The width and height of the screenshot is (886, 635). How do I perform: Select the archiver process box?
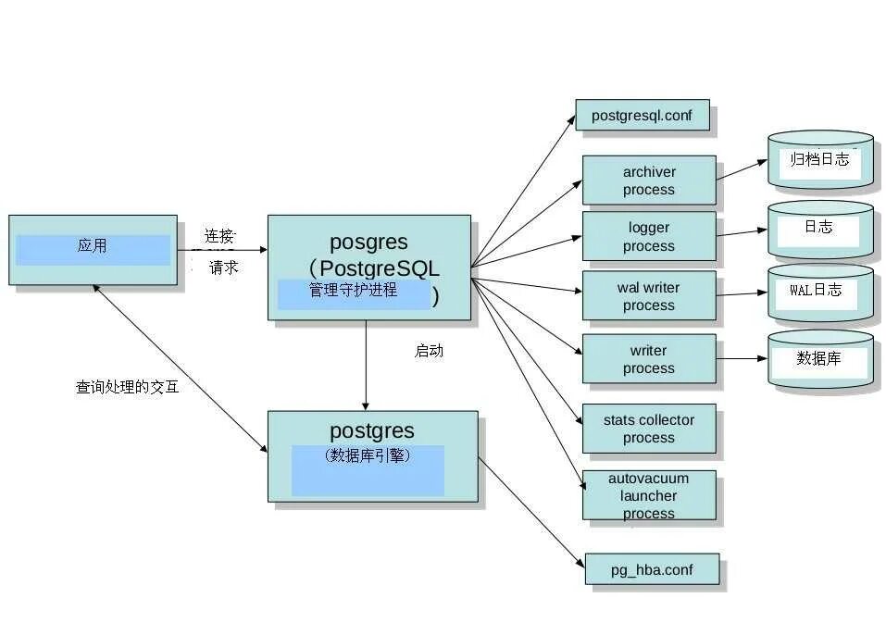648,181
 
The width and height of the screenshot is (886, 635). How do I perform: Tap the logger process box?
648,236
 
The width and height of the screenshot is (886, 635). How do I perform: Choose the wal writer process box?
648,296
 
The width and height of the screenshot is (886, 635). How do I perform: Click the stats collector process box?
648,429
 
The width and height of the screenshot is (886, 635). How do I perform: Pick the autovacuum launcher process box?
648,495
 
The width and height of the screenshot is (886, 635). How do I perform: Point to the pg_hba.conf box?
651,569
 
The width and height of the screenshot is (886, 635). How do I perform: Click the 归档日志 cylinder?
819,161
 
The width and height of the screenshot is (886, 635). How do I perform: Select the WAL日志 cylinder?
819,292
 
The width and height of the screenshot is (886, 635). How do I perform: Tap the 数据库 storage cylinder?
819,359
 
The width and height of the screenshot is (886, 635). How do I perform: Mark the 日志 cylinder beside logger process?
819,228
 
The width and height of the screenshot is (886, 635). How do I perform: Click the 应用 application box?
93,249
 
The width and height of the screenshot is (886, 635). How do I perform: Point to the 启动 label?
429,351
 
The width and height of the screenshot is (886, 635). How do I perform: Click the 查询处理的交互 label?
127,387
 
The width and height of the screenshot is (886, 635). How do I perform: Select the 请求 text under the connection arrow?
223,268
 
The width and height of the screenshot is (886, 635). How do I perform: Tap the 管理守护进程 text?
353,291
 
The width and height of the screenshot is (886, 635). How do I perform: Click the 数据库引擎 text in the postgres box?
368,455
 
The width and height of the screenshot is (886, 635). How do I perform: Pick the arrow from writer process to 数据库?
742,358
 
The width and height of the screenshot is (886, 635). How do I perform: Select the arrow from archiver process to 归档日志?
742,169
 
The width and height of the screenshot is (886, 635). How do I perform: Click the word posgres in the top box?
368,243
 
